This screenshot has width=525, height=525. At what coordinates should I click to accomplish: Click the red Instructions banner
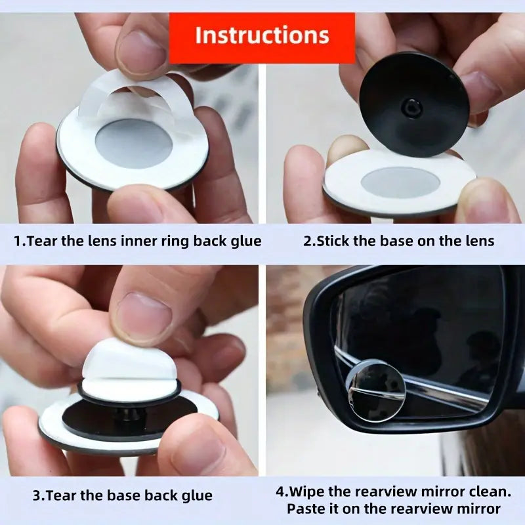262,35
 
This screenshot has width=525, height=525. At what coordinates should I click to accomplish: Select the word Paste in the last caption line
306,509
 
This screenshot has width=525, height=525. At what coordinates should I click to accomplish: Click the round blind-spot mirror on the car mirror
376,390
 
